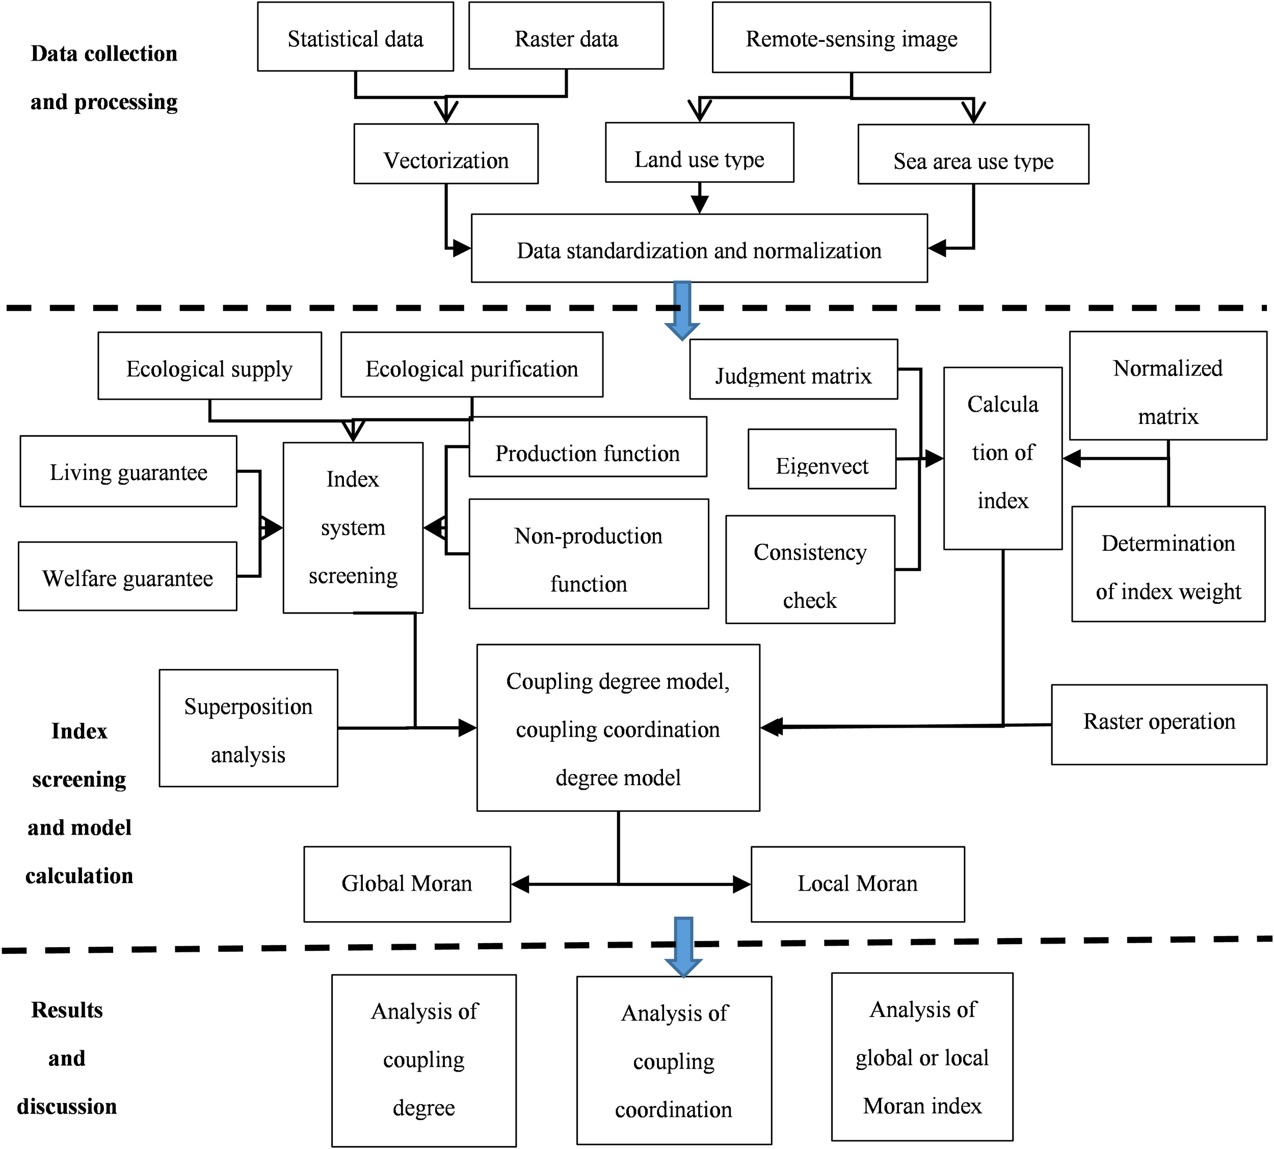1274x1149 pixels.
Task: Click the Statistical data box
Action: point(355,37)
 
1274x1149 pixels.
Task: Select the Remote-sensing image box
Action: point(851,38)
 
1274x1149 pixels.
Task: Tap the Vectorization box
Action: point(446,154)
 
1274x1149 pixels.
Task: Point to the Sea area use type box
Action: point(973,155)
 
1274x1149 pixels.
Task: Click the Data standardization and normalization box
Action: point(699,249)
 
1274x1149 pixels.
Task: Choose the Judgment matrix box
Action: point(793,370)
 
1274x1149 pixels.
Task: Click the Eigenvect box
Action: point(821,460)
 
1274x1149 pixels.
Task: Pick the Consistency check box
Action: point(810,570)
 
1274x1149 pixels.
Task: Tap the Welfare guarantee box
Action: point(127,576)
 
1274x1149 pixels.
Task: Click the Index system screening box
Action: point(353,528)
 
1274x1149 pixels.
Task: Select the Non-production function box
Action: point(589,554)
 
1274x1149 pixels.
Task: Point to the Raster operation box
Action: point(1158,725)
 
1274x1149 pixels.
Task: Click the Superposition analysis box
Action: point(248,729)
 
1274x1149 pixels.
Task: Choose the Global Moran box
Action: point(407,885)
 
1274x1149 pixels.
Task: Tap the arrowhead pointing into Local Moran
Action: point(742,885)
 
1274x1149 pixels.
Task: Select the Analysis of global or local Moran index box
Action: point(922,1057)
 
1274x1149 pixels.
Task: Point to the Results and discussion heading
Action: point(67,1059)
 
